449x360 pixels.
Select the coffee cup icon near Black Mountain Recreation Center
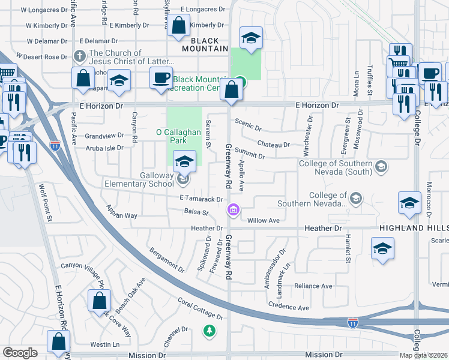[x=161, y=79]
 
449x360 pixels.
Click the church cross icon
[x=79, y=56]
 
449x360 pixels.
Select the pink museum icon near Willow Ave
[x=232, y=209]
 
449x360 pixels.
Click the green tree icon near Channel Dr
[x=209, y=330]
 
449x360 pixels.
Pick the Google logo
[x=20, y=353]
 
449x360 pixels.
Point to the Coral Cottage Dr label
[x=200, y=310]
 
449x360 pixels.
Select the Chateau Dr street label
[x=273, y=145]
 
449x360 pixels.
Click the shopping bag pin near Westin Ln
[x=59, y=344]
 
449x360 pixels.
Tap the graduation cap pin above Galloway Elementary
[x=184, y=161]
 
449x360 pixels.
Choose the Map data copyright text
[x=424, y=355]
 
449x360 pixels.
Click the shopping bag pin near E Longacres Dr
[x=178, y=26]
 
